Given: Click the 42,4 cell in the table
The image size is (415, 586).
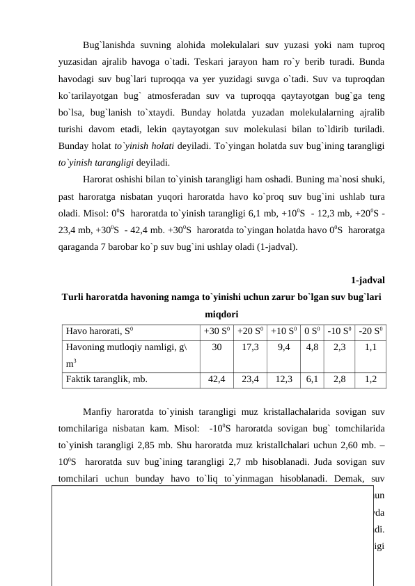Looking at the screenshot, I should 217,379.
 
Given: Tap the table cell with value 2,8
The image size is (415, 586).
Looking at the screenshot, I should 339,379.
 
